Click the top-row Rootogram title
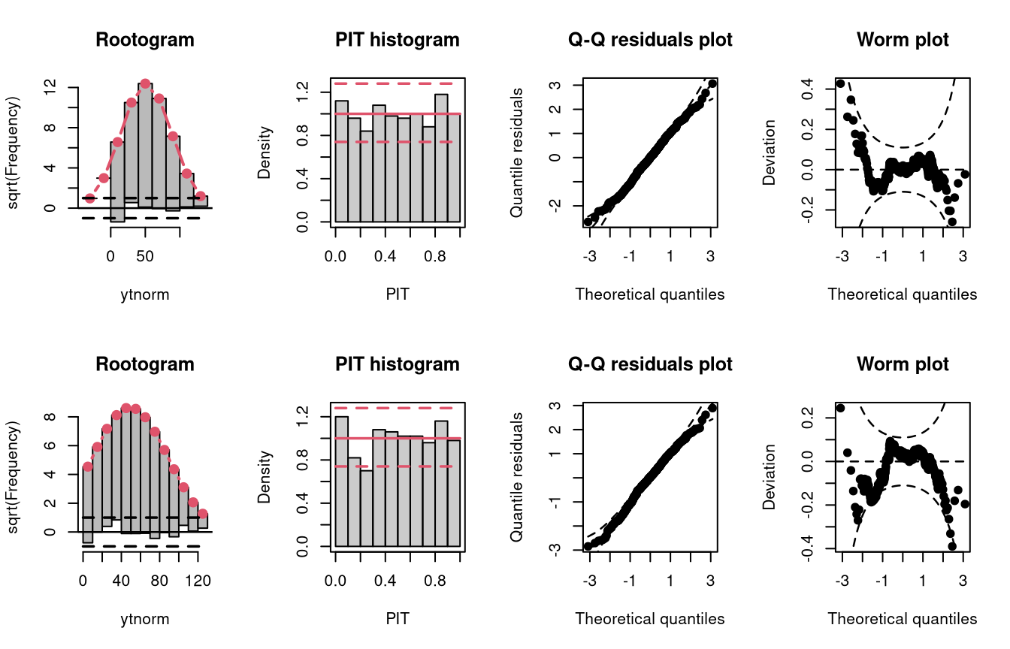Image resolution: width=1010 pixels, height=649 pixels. (145, 40)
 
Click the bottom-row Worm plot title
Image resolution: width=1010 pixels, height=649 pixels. (903, 364)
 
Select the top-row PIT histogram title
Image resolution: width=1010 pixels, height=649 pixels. (398, 40)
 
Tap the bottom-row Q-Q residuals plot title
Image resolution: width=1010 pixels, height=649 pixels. (650, 364)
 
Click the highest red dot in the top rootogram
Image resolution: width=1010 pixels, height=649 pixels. (145, 83)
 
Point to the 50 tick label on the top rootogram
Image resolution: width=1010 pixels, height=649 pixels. (145, 256)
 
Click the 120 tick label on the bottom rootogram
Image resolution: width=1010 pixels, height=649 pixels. (198, 581)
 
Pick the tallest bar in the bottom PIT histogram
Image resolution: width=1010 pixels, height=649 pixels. (341, 481)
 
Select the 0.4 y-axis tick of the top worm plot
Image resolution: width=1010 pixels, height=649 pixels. (807, 89)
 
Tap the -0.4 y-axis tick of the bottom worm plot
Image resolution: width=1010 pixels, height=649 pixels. (807, 548)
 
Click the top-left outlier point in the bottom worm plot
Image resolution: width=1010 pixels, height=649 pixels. (840, 408)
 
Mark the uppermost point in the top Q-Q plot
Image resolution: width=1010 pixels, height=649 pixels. (712, 83)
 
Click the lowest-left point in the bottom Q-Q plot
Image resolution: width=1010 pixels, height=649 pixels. (588, 546)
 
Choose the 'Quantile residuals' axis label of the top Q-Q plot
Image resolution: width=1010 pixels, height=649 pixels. (516, 152)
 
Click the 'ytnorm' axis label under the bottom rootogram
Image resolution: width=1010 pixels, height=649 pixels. (145, 619)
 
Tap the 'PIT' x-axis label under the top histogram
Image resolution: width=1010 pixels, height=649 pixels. (398, 294)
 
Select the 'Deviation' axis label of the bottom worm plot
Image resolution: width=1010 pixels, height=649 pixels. (769, 477)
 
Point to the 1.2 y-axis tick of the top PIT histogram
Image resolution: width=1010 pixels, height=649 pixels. (302, 92)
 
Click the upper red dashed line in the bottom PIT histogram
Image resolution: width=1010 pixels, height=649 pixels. (394, 408)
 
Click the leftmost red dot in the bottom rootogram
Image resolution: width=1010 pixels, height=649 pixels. (87, 466)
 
